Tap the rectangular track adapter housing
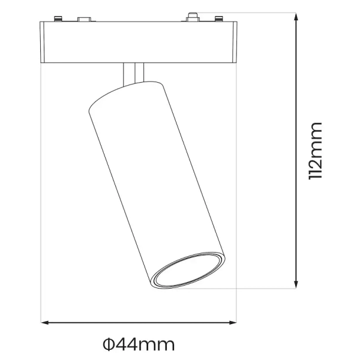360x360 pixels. (138, 42)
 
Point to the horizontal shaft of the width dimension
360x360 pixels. (139, 324)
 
